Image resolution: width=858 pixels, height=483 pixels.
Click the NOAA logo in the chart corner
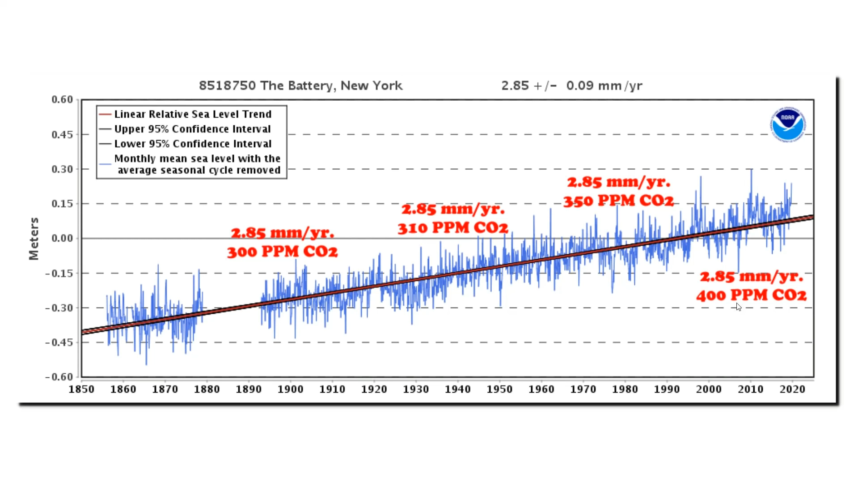[x=788, y=124]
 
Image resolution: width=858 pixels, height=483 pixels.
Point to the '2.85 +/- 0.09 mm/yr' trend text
[x=571, y=85]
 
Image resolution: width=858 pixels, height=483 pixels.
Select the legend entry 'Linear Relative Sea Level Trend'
[x=193, y=114]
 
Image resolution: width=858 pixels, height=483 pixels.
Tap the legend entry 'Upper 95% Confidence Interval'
[x=192, y=129]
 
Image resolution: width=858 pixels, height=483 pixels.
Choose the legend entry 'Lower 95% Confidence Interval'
[x=193, y=144]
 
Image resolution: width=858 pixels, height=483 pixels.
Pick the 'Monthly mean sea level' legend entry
[x=197, y=164]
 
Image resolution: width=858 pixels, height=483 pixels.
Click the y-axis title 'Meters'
[x=34, y=239]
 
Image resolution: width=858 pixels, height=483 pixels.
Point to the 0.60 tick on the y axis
[x=62, y=99]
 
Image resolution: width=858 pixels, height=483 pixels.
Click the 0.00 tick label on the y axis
[x=62, y=238]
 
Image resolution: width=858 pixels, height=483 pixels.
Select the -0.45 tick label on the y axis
[x=59, y=342]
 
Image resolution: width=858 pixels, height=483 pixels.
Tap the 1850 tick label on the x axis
[x=81, y=389]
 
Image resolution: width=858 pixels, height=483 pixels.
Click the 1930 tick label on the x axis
[x=416, y=389]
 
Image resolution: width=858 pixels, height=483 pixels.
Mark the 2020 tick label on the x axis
[x=792, y=389]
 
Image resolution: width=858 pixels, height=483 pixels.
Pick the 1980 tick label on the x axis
[x=625, y=389]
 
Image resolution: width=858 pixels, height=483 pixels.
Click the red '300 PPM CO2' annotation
[x=282, y=252]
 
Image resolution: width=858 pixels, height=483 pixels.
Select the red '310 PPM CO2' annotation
[x=452, y=228]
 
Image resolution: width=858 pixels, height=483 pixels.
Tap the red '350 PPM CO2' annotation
[x=618, y=201]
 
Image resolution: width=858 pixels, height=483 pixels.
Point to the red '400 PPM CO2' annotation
[x=751, y=295]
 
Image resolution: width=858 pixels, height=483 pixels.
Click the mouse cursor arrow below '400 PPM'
[x=738, y=307]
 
